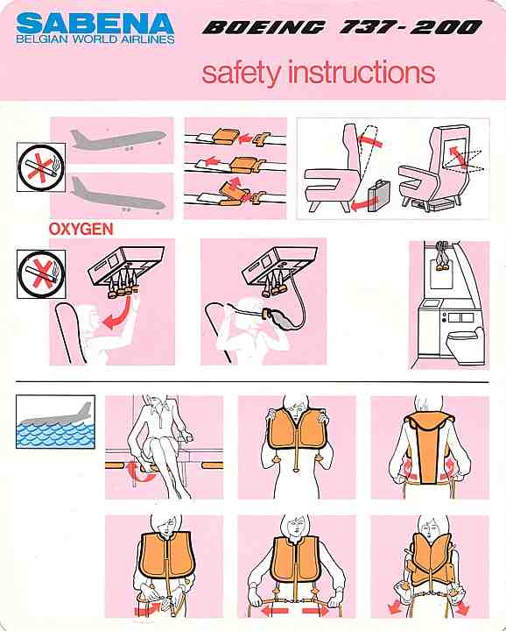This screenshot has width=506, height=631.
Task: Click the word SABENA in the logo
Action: tap(95, 24)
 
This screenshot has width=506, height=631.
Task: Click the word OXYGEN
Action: tap(81, 230)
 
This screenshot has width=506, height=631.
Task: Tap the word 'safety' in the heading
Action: tap(241, 73)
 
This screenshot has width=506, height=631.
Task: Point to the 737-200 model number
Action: tap(411, 27)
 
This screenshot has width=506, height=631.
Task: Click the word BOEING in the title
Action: tap(264, 27)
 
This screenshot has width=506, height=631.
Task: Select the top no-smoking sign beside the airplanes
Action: tap(41, 167)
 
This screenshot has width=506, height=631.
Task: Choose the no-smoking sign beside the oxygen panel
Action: tap(41, 274)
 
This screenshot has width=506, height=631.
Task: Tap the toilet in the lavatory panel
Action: tap(467, 345)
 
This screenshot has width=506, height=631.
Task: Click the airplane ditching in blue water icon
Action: tap(55, 422)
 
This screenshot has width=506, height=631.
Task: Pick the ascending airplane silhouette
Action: tap(118, 138)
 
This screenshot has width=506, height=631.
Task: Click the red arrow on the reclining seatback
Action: tap(369, 140)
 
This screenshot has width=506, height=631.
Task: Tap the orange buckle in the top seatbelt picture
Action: tap(226, 136)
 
